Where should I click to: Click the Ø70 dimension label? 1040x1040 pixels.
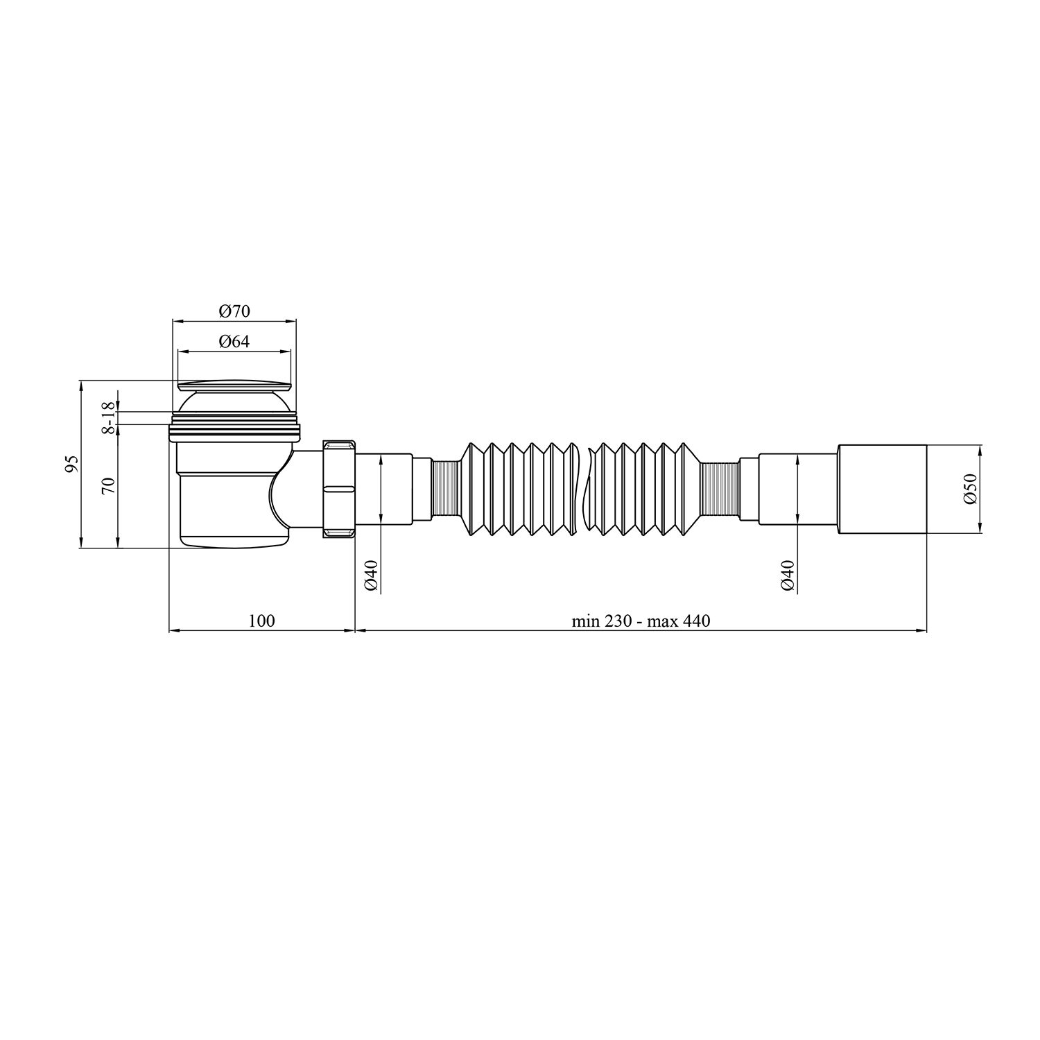[x=234, y=311]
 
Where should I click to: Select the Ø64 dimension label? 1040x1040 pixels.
[x=234, y=341]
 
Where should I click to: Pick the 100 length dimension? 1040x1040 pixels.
[x=261, y=621]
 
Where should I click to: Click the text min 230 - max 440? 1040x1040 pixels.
[x=641, y=621]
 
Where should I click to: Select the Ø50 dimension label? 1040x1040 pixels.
[x=969, y=489]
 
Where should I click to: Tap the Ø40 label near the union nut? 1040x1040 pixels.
[x=371, y=575]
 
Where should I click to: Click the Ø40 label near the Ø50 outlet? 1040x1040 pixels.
[x=787, y=575]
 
